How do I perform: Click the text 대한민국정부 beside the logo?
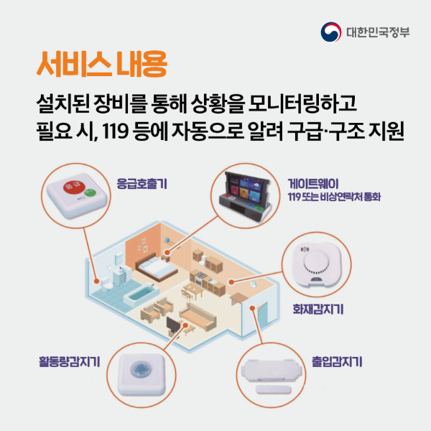coord(378,32)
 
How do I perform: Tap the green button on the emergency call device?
coord(89,191)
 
